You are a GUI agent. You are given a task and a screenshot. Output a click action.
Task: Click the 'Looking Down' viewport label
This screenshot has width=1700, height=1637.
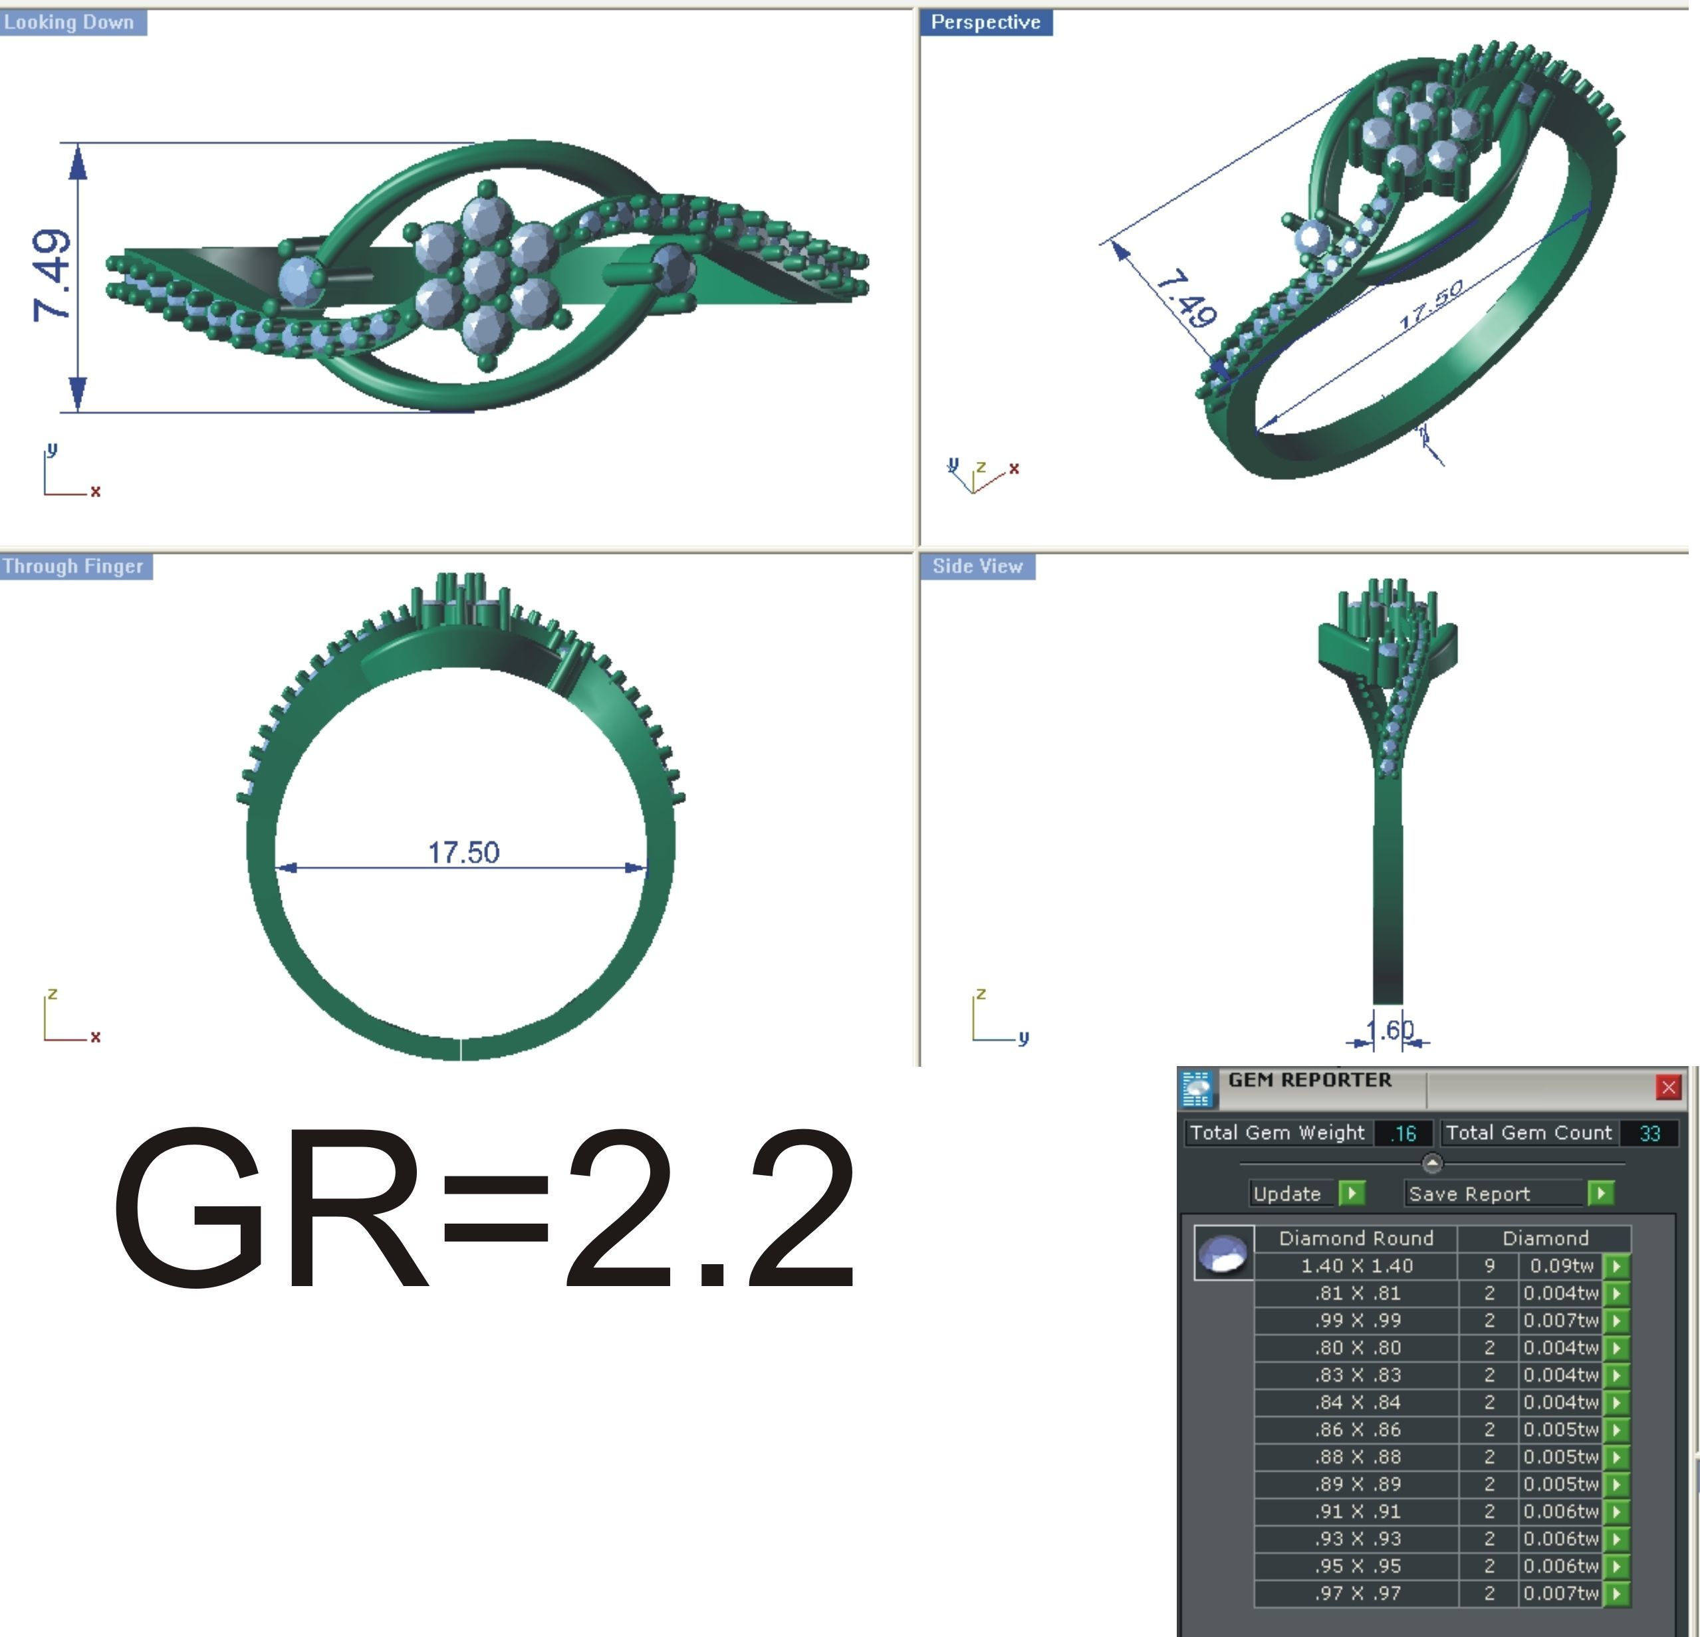69,23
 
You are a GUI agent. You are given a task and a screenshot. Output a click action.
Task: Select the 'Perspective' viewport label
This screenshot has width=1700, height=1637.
985,23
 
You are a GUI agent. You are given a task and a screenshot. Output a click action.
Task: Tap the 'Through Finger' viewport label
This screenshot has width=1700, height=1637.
73,566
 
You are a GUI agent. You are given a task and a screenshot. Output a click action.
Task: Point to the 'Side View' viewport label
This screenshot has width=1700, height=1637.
977,566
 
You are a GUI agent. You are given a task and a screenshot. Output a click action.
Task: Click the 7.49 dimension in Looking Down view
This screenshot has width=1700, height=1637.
52,275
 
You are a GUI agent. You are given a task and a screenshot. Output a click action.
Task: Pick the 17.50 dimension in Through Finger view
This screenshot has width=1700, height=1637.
463,852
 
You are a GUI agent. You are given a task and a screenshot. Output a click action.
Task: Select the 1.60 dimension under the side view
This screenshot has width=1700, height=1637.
1390,1030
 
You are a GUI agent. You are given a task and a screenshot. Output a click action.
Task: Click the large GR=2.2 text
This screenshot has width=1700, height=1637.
486,1210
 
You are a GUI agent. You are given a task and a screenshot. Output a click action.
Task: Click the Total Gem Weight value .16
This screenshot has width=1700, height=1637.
1403,1133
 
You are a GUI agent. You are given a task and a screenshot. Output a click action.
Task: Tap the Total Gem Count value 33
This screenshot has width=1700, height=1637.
1649,1133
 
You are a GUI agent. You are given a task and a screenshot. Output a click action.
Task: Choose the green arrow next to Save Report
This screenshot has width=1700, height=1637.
1600,1194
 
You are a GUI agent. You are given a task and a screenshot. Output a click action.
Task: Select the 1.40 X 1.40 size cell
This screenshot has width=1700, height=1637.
1356,1266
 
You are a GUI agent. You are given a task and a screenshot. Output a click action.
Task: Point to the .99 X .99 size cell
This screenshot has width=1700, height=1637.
1356,1321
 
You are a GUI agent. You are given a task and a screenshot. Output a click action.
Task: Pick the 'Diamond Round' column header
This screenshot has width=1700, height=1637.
1356,1238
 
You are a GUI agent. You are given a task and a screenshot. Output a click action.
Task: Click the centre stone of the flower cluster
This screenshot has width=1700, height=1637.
486,276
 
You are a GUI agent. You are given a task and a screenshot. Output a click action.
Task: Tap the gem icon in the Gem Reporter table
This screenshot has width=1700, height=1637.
1223,1253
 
